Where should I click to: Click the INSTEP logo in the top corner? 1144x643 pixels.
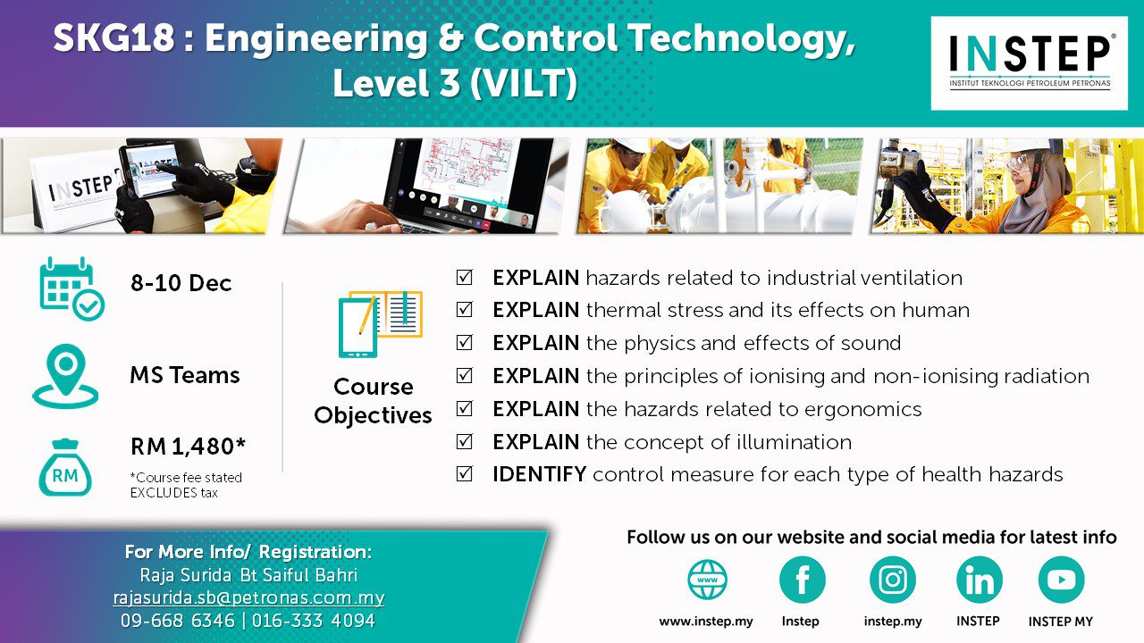(1029, 63)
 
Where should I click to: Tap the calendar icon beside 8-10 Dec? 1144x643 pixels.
(72, 288)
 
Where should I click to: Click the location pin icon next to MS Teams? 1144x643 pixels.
(65, 377)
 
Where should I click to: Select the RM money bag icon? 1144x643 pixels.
(65, 467)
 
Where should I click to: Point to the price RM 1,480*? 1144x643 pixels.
(188, 447)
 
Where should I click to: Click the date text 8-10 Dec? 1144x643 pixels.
(181, 283)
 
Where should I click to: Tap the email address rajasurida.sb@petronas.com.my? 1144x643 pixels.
(248, 597)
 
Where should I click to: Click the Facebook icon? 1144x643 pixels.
(802, 580)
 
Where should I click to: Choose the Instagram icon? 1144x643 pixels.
(893, 580)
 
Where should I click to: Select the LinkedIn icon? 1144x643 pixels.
(979, 580)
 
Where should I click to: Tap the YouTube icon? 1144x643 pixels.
(1061, 580)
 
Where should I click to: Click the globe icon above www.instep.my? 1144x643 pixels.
(707, 580)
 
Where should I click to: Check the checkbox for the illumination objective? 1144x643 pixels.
(464, 441)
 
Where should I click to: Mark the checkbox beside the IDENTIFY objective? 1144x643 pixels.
(464, 474)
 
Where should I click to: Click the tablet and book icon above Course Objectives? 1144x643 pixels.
(381, 324)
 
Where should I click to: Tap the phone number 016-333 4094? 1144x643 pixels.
(314, 621)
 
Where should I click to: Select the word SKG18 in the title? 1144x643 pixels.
(114, 38)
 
